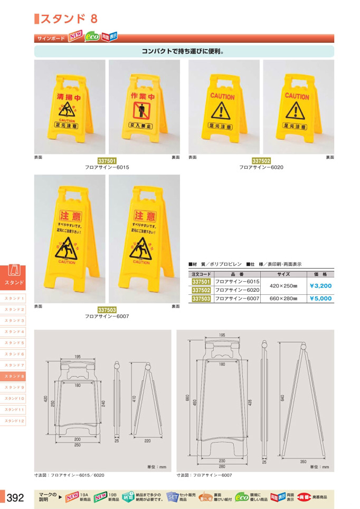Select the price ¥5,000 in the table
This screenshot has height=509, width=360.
coord(320,298)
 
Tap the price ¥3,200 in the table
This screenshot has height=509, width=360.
coord(320,286)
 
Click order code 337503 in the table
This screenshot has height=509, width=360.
coord(201,298)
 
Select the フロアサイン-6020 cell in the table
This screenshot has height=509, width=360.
coord(237,290)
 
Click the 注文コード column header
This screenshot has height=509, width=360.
coord(201,274)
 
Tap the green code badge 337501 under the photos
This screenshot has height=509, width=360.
coord(107,161)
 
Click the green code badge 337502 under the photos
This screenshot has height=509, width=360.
coord(261,161)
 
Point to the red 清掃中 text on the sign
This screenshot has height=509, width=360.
coord(68,97)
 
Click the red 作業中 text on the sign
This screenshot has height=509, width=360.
coord(143,97)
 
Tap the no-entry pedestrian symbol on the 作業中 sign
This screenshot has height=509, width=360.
coord(143,111)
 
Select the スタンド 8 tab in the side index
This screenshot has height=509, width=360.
coord(15,376)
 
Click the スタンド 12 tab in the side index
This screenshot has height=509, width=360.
coord(15,420)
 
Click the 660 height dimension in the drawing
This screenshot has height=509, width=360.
coord(187,397)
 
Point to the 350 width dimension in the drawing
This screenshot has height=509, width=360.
coord(303,462)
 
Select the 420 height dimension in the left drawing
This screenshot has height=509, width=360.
coord(46,399)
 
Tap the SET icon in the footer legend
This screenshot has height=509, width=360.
coord(173,496)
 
